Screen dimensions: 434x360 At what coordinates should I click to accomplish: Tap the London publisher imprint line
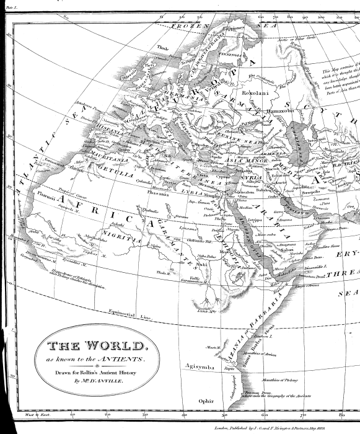(x=279, y=428)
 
